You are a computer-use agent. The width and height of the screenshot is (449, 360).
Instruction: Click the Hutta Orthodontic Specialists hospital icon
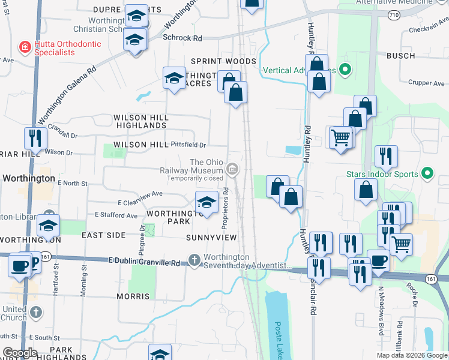click(25, 46)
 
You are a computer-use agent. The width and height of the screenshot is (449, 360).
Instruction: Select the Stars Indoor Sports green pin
click(428, 175)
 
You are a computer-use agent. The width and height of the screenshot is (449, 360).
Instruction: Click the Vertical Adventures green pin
click(345, 70)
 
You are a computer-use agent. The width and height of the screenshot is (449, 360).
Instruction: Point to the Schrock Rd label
click(182, 38)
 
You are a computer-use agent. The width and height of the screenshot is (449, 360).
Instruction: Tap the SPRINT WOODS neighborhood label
click(223, 61)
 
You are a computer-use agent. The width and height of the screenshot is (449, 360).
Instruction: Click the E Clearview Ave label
click(140, 194)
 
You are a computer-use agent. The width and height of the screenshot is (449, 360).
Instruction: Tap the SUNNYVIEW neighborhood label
click(212, 238)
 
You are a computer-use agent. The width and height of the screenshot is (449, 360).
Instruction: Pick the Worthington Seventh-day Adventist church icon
click(193, 260)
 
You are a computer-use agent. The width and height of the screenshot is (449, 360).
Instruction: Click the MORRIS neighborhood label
click(133, 296)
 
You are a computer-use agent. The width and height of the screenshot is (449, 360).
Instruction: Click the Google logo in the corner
click(20, 353)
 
